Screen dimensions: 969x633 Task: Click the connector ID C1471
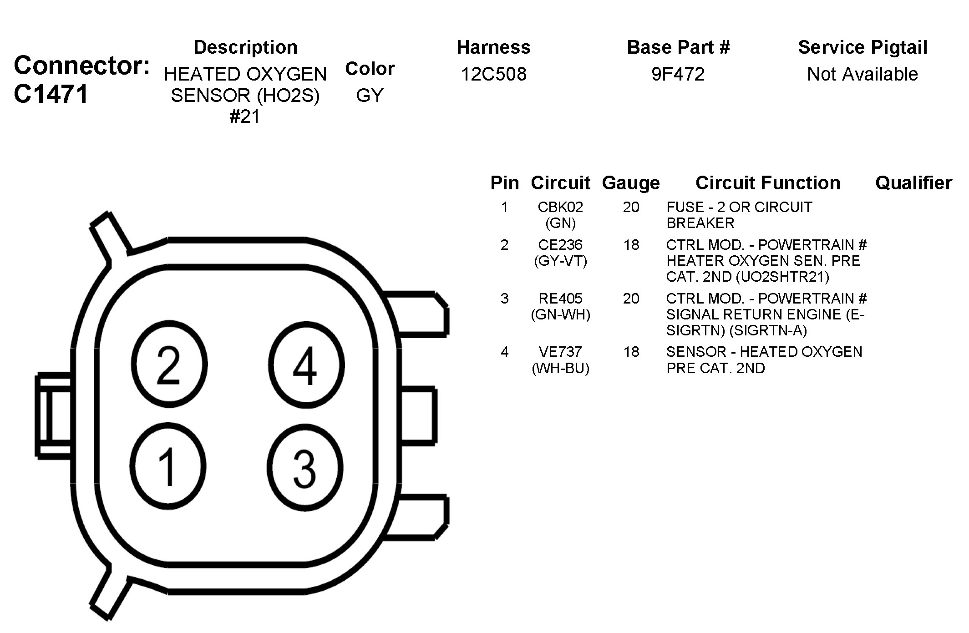point(51,95)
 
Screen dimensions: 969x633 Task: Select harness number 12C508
point(493,74)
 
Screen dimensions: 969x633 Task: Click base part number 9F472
point(678,74)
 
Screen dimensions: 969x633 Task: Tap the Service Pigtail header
point(862,47)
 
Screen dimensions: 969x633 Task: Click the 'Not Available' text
point(862,74)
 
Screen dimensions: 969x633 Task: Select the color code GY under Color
point(370,95)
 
